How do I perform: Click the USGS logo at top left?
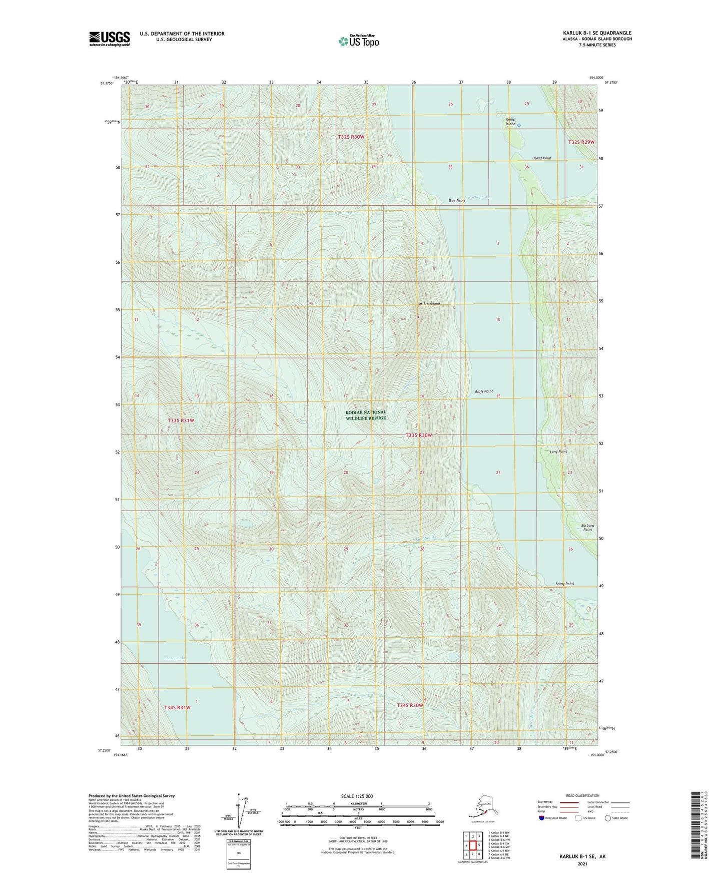pos(109,39)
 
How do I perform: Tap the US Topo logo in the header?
pos(358,41)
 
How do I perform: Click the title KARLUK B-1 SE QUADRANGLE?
pos(597,33)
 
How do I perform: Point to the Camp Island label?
pos(510,122)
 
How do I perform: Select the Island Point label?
pos(541,158)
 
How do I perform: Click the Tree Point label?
pos(456,201)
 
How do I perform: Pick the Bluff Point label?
pos(484,391)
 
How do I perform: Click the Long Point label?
pos(558,452)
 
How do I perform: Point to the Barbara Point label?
pos(587,527)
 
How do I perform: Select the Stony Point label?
pos(564,584)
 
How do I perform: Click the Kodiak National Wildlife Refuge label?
pos(366,415)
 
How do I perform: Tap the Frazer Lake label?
pos(175,658)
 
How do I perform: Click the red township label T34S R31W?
pos(177,707)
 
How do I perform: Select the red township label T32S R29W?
pos(581,142)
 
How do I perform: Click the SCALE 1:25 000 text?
pos(357,796)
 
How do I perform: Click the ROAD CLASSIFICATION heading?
pos(582,795)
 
